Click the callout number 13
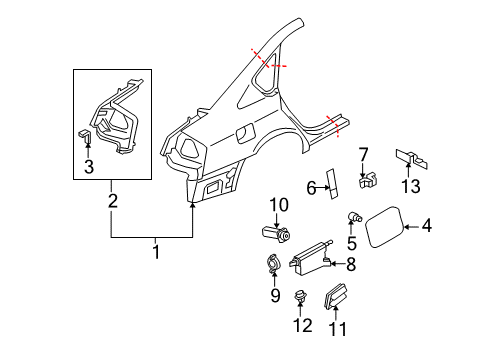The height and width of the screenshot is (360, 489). pos(410,186)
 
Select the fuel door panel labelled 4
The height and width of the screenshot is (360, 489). pos(384,227)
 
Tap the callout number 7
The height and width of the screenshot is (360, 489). pos(363,155)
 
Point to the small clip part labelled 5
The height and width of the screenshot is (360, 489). pos(355,217)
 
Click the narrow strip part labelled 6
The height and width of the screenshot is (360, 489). pos(333,184)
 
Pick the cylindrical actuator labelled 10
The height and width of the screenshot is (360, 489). pos(276,233)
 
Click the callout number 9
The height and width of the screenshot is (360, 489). pos(275,295)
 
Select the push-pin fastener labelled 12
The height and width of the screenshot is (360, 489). pos(301,296)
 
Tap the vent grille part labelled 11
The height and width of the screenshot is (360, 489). pos(335,295)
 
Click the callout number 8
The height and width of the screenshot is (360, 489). pos(351,265)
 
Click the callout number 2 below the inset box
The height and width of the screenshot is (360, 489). pos(113,201)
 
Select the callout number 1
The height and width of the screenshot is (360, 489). pos(156,252)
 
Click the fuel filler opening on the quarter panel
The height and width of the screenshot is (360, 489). pos(245,133)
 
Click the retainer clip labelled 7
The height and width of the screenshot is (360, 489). pos(368,180)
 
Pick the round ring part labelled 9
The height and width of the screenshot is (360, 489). pos(273,264)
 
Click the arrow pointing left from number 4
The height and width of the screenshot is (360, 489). pos(411,227)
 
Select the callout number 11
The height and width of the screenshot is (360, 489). pos(337,329)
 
